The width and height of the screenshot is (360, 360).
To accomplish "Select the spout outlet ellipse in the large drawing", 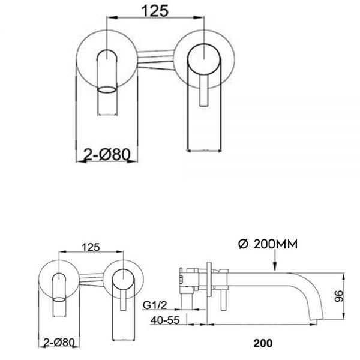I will point(107,91).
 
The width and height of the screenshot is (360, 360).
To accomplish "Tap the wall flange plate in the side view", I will point(209,282).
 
